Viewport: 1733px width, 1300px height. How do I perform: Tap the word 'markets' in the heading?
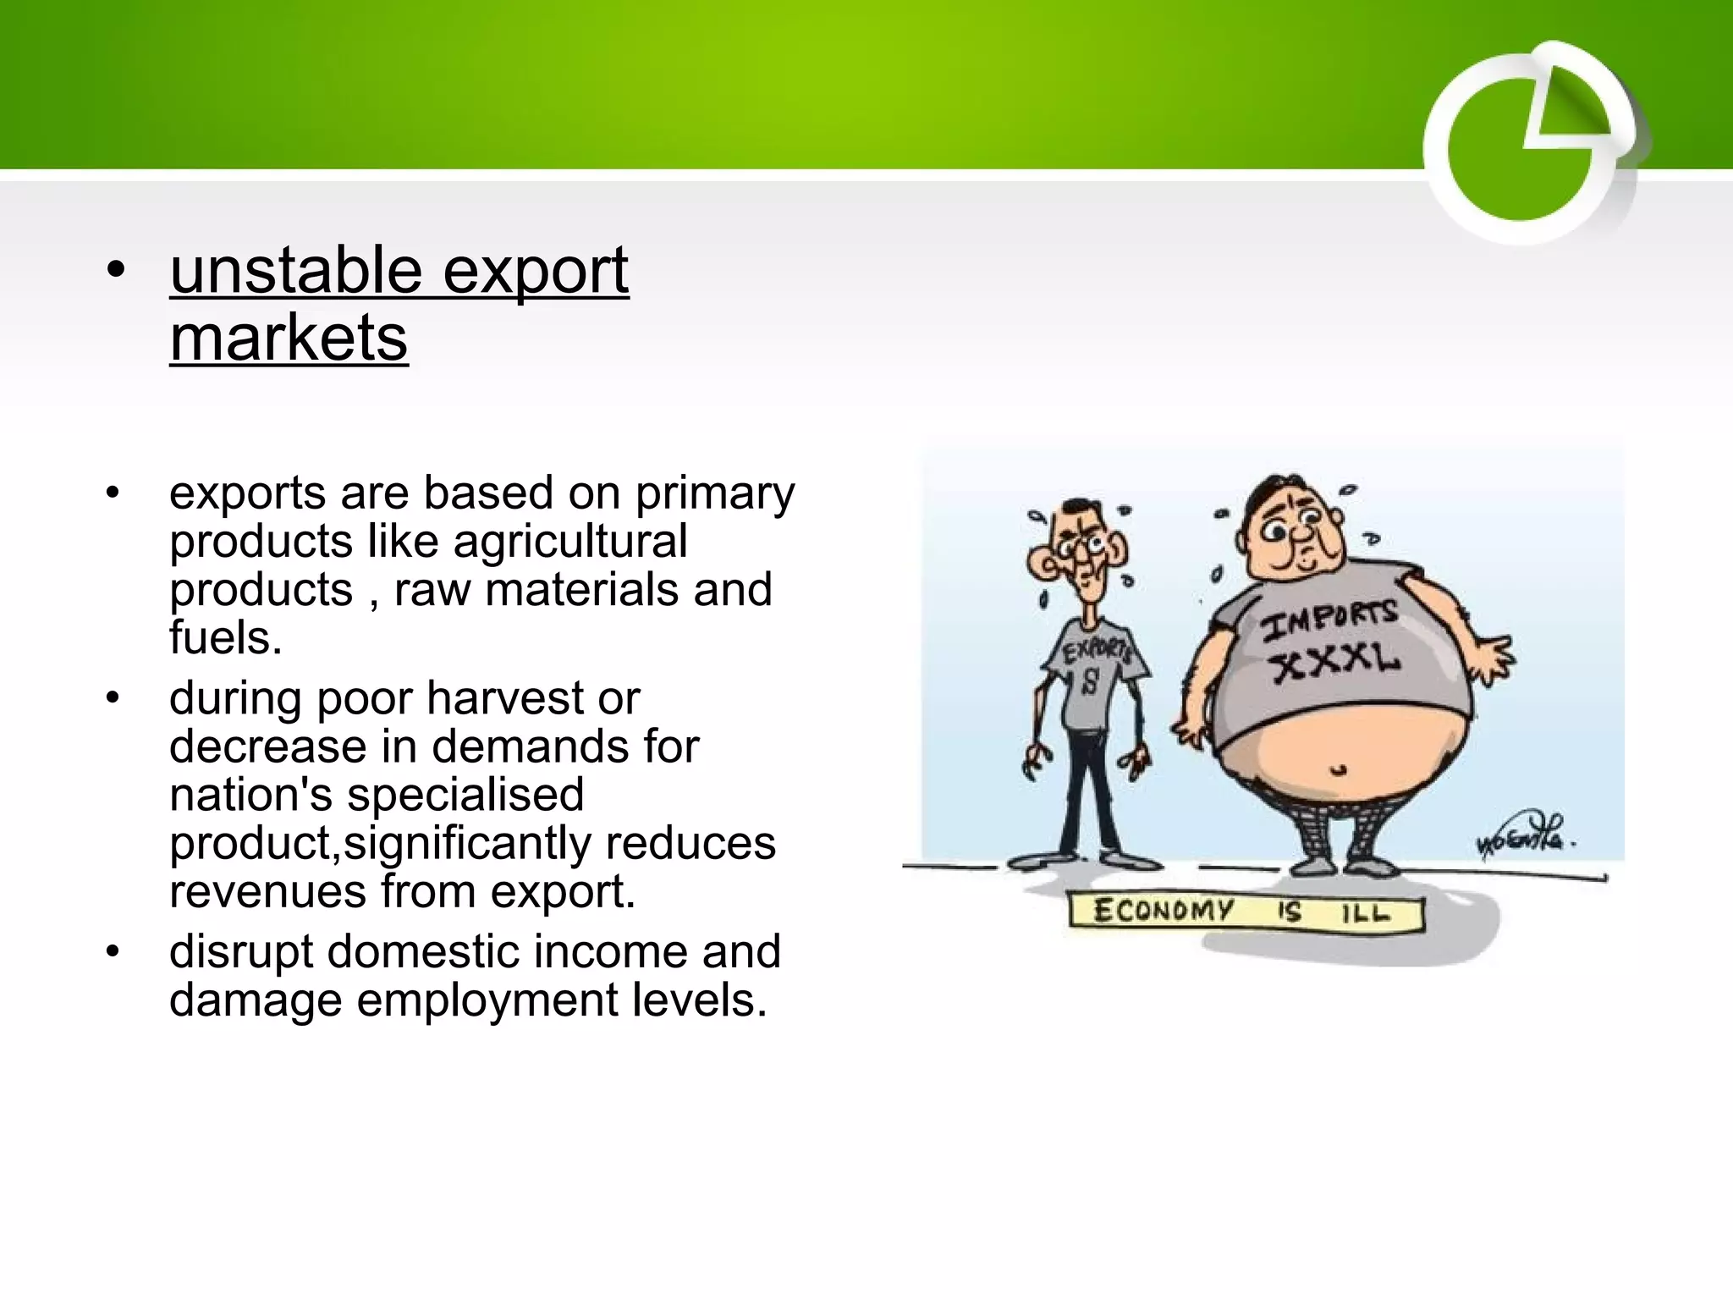pos(289,339)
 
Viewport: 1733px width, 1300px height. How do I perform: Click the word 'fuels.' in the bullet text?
pos(225,638)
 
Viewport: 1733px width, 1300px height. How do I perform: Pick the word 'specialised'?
pos(465,796)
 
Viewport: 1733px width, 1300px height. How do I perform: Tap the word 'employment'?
pos(487,1000)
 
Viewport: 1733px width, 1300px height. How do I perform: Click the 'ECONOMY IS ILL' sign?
pos(1244,913)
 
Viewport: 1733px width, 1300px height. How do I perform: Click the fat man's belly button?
pos(1337,770)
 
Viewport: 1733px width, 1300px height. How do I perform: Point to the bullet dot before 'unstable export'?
pos(116,272)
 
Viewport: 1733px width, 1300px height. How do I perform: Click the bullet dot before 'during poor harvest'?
pos(113,699)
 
